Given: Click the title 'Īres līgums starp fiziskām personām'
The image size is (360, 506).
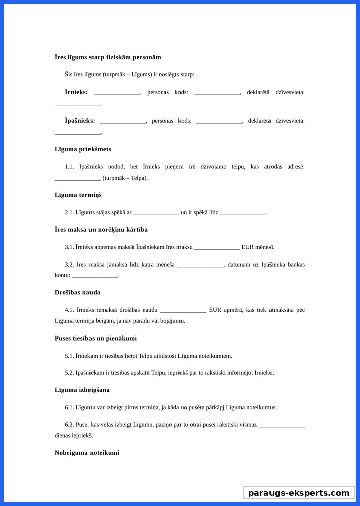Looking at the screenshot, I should coord(108,57).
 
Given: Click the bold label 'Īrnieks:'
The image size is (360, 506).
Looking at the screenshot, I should coord(76,92).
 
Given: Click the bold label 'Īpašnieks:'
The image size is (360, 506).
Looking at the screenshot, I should coord(80,121).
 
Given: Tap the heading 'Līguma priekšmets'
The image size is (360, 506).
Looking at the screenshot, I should coord(83,149).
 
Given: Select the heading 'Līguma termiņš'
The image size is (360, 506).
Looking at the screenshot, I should coord(78,195).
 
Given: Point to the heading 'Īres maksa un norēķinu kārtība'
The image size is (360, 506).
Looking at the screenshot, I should coord(101,230).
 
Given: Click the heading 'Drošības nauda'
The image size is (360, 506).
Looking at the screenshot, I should coord(77,292).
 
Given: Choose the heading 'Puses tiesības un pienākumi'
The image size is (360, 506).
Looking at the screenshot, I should coord(96,338).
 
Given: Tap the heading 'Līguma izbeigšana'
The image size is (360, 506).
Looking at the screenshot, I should coord(82,390).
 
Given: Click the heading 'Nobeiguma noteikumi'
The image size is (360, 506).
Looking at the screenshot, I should coord(87,453).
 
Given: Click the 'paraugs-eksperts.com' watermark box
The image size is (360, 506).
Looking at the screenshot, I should coord(299,493).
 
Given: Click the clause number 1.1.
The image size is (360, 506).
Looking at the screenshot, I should coord(69,167).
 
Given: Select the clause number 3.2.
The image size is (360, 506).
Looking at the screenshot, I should coord(69,265).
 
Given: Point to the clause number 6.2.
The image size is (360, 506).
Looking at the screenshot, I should coord(69,425).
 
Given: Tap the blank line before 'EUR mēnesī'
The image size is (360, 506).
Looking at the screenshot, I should coord(217,248).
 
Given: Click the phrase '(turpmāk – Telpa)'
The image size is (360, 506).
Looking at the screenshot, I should coord(125,178).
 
